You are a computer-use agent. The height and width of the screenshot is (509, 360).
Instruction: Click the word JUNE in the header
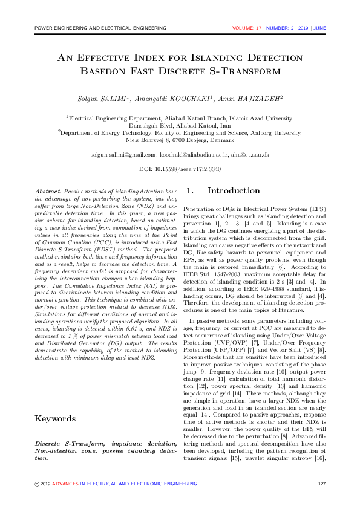point(320,28)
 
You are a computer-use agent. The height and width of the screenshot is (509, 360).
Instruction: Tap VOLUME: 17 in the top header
point(247,28)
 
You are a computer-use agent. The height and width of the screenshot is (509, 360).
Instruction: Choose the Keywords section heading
point(55,418)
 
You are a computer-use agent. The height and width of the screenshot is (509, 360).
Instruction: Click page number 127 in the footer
point(321,484)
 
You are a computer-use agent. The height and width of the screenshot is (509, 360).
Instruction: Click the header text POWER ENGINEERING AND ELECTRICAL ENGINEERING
point(100,28)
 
